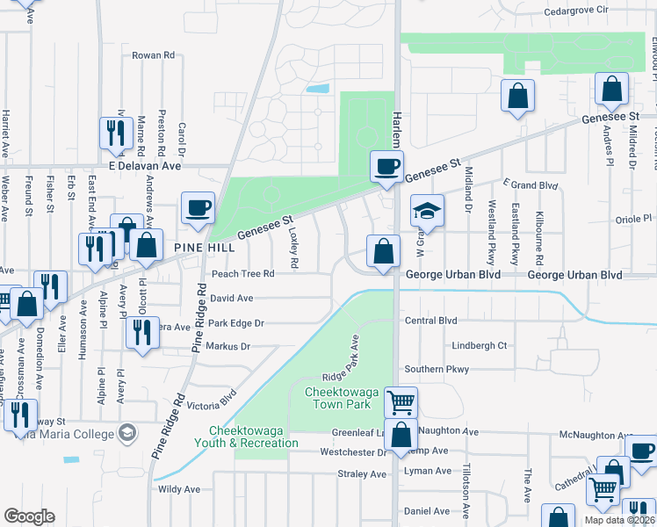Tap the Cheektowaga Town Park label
click(336, 398)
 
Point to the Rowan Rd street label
click(154, 55)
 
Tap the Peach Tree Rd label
click(242, 274)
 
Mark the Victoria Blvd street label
click(212, 401)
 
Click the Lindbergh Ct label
click(478, 345)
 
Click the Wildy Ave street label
click(179, 489)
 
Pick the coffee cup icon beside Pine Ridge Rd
click(198, 209)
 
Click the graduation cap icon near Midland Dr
click(427, 211)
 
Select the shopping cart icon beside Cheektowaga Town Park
click(401, 402)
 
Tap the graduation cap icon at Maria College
click(127, 432)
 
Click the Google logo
click(29, 516)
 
